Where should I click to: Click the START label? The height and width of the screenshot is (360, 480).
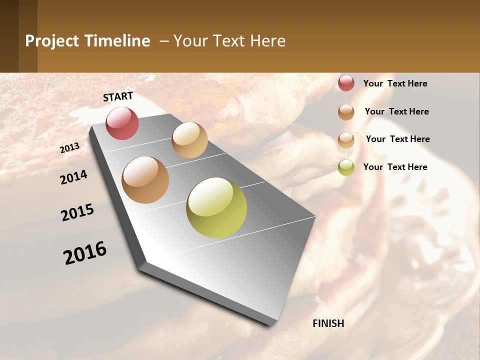pos(118,96)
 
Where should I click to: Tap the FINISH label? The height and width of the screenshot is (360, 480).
pos(328,323)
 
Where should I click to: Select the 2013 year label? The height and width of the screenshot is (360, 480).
pos(69,148)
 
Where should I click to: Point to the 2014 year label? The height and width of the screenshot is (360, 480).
pos(73,177)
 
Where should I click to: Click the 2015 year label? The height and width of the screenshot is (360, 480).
pos(77,212)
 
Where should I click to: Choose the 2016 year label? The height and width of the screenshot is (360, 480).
pos(85,253)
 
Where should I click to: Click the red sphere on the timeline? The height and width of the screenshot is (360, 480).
pos(122,123)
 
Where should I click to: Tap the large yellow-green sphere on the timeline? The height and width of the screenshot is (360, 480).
pos(216,207)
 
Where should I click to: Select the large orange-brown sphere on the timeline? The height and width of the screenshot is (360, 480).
pos(145,180)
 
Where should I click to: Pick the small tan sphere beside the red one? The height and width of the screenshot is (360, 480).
pos(189,140)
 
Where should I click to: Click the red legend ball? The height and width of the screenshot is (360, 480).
pos(346,83)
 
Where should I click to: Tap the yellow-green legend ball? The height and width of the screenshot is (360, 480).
pos(346,167)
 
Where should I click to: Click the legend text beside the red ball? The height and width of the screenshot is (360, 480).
pos(395,83)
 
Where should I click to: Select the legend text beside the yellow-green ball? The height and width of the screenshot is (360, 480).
pos(395,167)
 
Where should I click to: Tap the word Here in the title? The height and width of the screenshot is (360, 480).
pos(267,41)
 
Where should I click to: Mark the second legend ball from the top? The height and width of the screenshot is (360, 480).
pos(346,112)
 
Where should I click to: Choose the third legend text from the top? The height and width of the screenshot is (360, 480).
pos(397,139)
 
